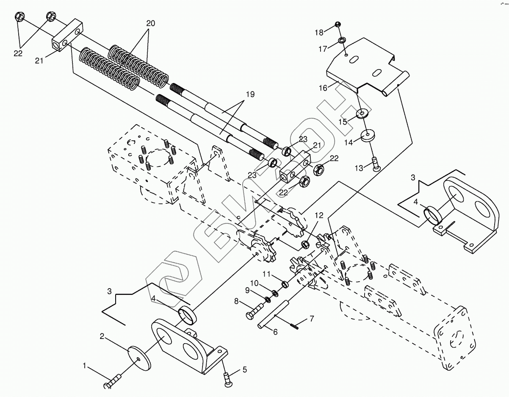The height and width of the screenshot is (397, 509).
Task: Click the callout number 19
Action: (250, 94)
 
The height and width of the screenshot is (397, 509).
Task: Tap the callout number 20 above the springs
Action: (151, 23)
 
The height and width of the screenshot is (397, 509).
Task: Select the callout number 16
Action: (323, 88)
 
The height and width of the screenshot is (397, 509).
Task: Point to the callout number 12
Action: (319, 215)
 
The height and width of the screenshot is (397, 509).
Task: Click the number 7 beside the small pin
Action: (311, 319)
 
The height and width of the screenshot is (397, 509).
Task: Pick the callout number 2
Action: (102, 337)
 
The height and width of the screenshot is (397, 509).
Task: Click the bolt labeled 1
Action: (113, 383)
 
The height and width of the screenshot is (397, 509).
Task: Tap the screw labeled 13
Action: (376, 164)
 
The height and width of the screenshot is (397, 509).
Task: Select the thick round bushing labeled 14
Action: (367, 136)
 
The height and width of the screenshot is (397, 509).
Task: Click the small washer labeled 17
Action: (341, 40)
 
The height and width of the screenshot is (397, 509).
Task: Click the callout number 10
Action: (254, 283)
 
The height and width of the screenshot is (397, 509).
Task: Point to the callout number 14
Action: (349, 142)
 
